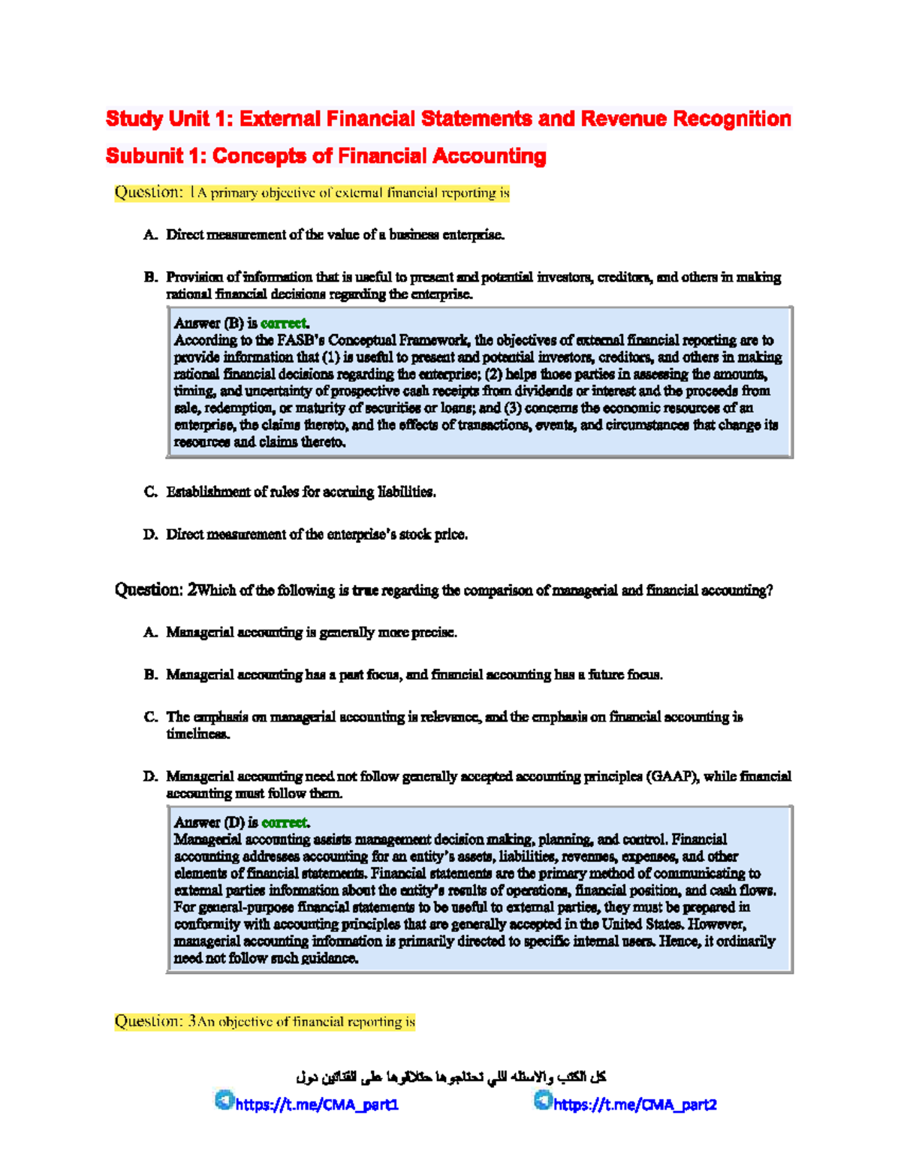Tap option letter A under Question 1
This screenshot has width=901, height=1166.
point(149,235)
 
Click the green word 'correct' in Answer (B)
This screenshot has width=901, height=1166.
point(283,324)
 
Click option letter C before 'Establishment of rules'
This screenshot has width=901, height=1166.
point(149,493)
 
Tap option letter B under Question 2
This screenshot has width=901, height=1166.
point(149,675)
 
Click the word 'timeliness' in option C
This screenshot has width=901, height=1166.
point(197,734)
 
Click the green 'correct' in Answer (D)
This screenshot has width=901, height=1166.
point(284,823)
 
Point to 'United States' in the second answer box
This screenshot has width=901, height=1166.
point(642,925)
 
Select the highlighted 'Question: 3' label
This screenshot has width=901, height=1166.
point(155,1022)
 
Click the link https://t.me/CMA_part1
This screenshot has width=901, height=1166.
point(317,1104)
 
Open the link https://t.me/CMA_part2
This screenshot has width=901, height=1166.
point(634,1104)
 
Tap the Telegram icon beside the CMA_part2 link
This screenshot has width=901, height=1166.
point(542,1101)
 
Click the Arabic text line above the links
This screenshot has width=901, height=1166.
point(450,1077)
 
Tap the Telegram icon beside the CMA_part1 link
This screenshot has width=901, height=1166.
point(224,1101)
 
